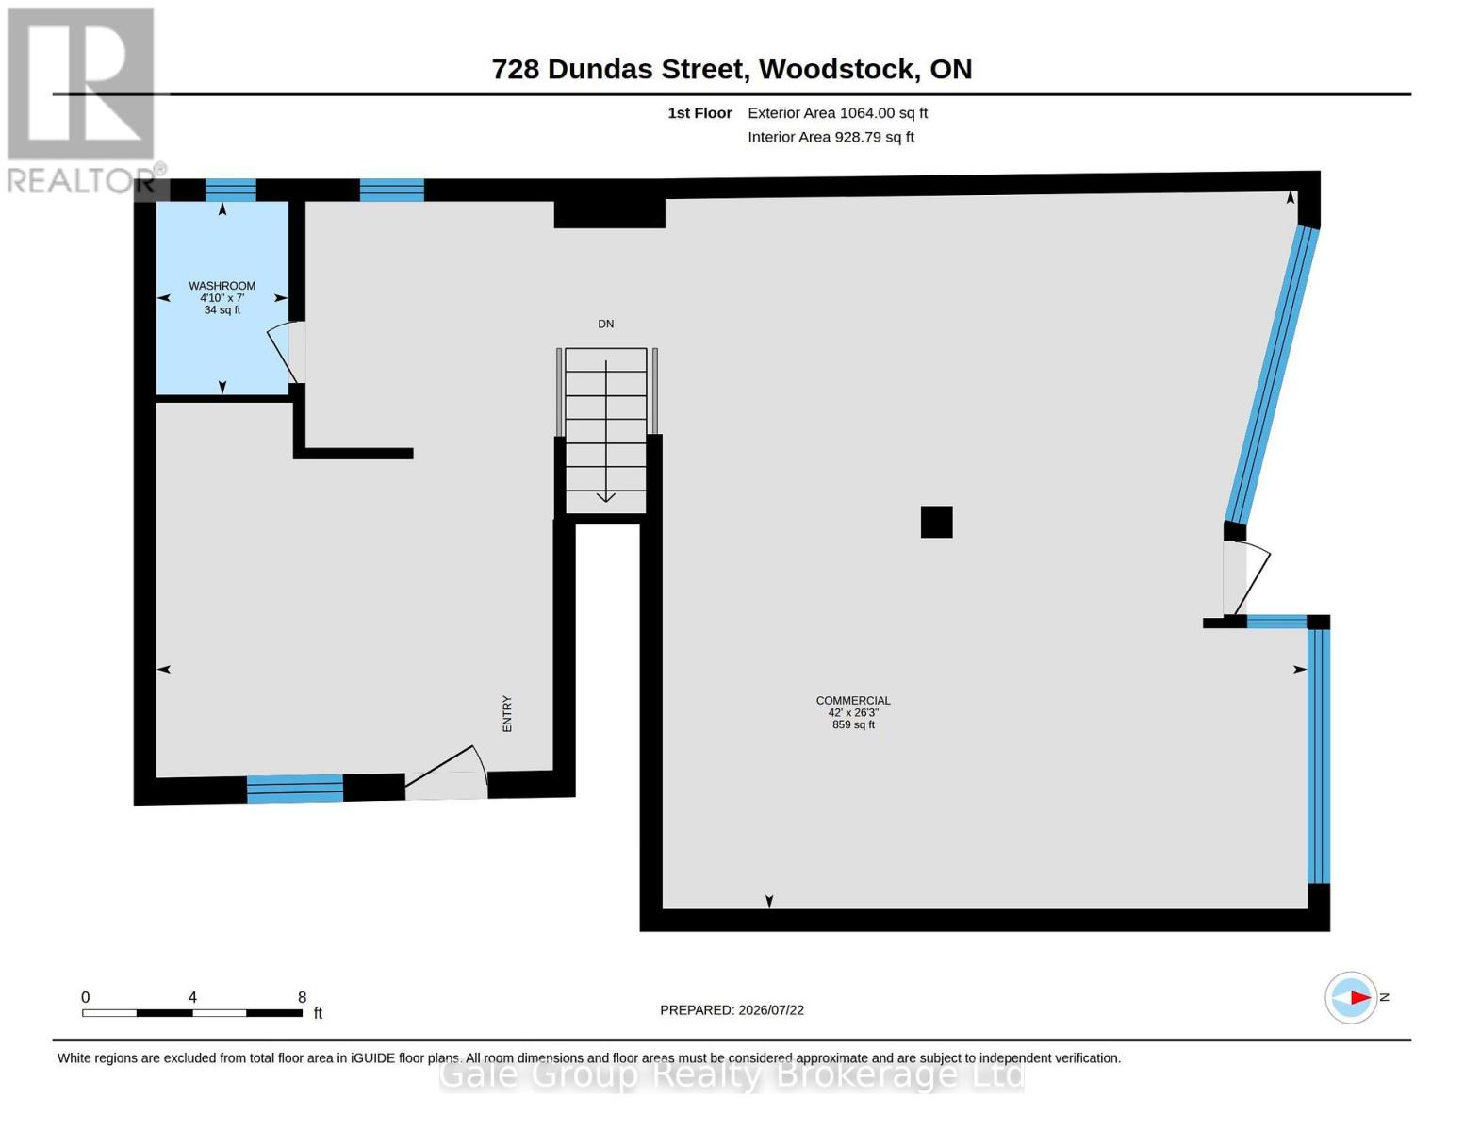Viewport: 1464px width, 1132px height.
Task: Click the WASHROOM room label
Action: [x=222, y=286]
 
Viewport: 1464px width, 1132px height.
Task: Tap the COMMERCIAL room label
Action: [x=853, y=701]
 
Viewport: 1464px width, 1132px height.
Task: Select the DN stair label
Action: [x=605, y=324]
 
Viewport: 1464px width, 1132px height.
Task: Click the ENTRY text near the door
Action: [x=507, y=713]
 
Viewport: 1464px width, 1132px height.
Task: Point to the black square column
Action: [x=936, y=522]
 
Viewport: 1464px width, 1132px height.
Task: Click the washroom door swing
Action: [x=283, y=354]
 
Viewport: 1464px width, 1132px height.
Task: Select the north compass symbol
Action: [x=1351, y=998]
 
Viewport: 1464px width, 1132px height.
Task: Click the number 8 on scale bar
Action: [x=302, y=996]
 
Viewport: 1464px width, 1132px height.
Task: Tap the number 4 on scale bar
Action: [x=192, y=996]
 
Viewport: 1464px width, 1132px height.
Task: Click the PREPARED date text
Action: [x=732, y=1010]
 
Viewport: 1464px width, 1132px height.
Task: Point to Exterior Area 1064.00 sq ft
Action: [x=837, y=113]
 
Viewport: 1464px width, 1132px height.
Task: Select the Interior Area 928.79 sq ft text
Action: [x=831, y=137]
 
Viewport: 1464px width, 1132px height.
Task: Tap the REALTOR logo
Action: [x=82, y=101]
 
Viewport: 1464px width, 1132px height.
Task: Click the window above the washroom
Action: [x=230, y=191]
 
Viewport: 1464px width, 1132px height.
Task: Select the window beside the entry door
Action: [x=295, y=789]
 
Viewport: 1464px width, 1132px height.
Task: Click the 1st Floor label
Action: [x=699, y=113]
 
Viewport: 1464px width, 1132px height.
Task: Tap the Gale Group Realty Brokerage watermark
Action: [x=732, y=1075]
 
